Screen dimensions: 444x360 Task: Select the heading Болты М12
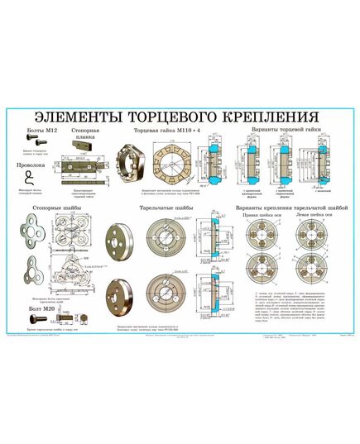coord(31,131)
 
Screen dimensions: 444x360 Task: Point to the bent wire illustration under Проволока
coord(32,178)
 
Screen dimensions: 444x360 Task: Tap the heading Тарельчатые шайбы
coord(167,208)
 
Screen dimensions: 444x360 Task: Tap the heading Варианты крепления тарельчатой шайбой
coord(290,208)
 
